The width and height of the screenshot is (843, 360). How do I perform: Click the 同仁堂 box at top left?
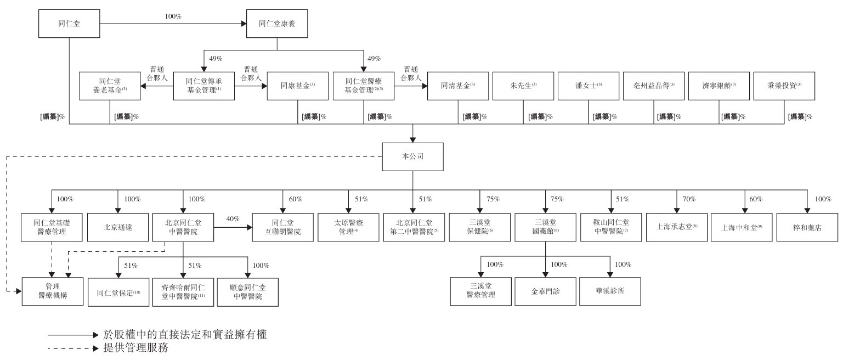69,24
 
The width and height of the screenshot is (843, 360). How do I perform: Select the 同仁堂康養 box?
276,24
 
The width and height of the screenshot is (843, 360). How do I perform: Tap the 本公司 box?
412,156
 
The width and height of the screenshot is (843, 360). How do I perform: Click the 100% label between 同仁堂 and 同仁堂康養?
173,16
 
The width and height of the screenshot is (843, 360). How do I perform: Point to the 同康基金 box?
298,86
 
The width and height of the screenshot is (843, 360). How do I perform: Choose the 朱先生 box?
522,86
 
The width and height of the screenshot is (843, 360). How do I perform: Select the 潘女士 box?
588,86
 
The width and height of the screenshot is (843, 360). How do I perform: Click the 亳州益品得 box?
654,86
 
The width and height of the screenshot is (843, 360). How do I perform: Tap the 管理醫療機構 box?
53,291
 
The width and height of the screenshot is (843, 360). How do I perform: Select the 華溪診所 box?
609,291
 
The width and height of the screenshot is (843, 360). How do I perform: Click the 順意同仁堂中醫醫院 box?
247,291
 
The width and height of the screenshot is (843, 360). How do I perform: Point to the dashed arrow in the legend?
73,348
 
